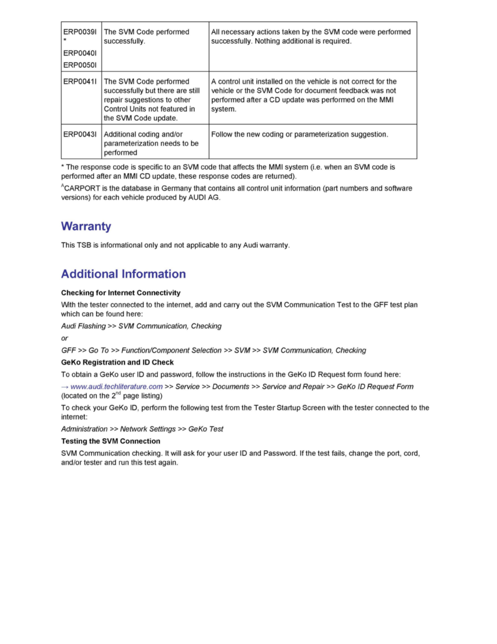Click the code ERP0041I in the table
pos(80,81)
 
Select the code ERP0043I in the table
pos(80,134)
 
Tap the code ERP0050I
pos(80,65)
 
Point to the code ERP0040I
pos(80,53)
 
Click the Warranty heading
pos(86,226)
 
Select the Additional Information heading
pos(123,274)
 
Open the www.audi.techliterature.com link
pos(116,387)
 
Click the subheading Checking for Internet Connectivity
pos(121,293)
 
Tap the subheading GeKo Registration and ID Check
pos(117,362)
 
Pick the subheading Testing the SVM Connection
pos(110,441)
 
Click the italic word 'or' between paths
pos(64,338)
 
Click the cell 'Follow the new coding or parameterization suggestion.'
pos(299,134)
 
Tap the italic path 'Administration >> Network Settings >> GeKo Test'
pos(142,429)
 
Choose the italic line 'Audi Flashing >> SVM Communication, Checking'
pos(141,326)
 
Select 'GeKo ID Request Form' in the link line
pos(375,387)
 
